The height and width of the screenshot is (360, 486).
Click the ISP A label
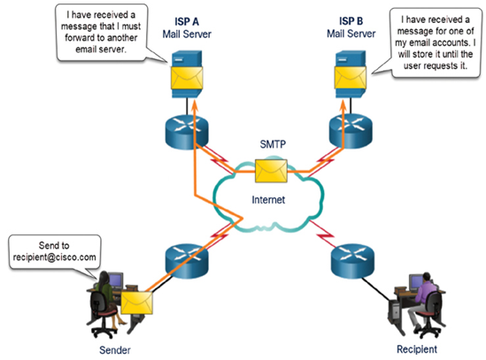[187, 22]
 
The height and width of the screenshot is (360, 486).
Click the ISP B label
[351, 21]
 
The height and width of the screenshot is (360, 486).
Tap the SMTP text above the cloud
[273, 144]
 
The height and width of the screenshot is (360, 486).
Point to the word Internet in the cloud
[268, 200]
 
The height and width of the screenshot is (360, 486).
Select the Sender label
[115, 350]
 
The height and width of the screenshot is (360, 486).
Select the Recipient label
[417, 349]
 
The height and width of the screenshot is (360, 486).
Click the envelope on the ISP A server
[187, 78]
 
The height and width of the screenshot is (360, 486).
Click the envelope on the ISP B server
[351, 78]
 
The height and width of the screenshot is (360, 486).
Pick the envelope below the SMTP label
[271, 171]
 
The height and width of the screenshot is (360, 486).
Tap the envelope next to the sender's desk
[136, 303]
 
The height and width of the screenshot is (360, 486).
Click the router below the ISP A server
[187, 133]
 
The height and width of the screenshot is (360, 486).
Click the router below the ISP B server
[351, 132]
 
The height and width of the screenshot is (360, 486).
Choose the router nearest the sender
[187, 261]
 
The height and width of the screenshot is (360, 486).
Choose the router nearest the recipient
[352, 261]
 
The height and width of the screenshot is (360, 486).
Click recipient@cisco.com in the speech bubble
[55, 257]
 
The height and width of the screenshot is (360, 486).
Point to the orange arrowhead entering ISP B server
[343, 105]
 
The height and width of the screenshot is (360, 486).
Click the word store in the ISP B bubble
[424, 54]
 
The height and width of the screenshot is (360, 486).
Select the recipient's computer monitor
[415, 282]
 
